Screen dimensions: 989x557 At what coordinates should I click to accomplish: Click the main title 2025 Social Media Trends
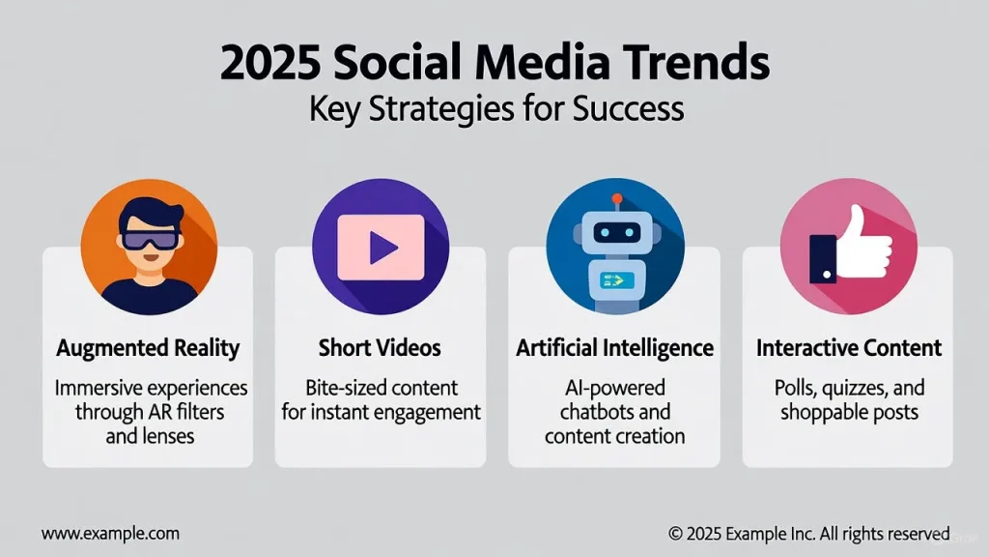494,62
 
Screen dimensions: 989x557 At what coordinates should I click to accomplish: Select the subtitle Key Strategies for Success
496,108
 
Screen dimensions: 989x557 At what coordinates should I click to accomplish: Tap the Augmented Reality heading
148,348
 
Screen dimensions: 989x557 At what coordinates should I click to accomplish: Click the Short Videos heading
380,347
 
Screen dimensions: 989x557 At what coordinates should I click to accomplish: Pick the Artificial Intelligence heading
615,348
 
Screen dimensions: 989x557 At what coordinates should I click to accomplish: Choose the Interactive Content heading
849,347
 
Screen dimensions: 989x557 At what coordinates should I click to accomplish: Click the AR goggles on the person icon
150,240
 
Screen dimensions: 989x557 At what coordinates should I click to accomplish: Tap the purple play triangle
383,248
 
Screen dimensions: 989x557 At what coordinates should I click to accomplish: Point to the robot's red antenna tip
617,199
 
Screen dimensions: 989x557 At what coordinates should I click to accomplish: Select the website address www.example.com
110,534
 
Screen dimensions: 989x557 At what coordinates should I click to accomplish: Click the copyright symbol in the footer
675,534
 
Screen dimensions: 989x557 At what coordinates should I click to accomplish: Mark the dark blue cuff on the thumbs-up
823,258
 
